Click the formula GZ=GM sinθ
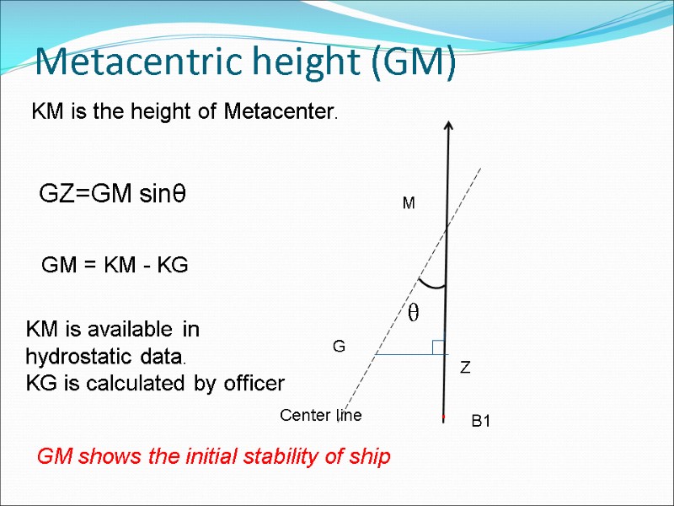point(113,195)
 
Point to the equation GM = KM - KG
point(115,266)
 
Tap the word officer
point(254,384)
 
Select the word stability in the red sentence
point(279,458)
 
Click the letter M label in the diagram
point(409,204)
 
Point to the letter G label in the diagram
point(339,347)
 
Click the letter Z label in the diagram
point(464,369)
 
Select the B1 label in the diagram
point(480,421)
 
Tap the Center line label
point(320,415)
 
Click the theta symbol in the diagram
point(413,314)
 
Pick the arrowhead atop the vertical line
point(447,126)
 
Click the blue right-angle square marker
point(438,347)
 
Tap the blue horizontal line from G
point(404,355)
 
